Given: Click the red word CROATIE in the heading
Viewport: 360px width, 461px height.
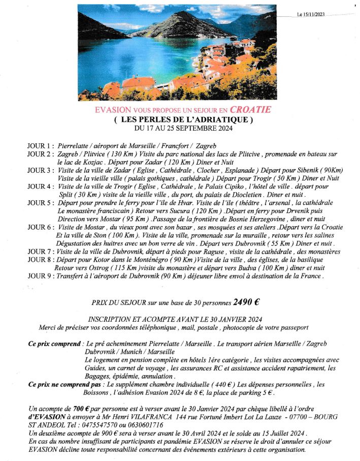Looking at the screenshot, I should pos(250,110).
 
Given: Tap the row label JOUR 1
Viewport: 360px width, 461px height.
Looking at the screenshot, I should pos(40,146).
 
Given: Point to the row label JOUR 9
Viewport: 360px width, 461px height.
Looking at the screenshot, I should pos(40,276).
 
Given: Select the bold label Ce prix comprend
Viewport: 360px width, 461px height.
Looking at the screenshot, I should pos(55,345).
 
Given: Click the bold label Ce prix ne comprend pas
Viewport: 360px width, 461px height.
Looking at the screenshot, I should pos(62,385).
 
